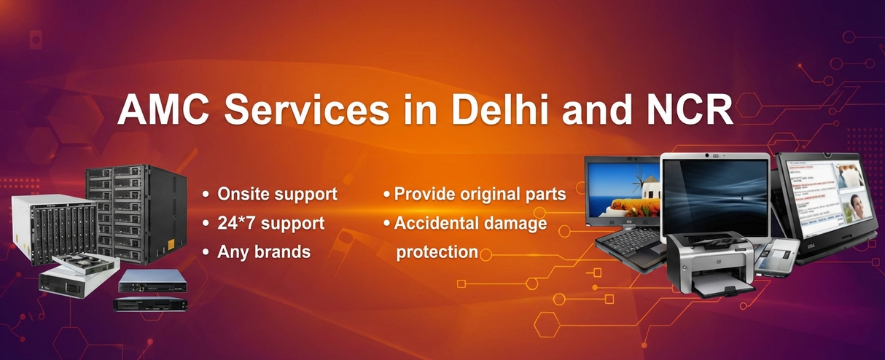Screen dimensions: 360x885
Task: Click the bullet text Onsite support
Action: [x=277, y=195]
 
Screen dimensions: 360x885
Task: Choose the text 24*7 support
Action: [x=271, y=223]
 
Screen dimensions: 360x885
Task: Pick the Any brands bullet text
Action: [x=264, y=252]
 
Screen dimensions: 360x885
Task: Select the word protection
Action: [x=437, y=252]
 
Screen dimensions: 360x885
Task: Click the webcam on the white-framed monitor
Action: [x=714, y=156]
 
